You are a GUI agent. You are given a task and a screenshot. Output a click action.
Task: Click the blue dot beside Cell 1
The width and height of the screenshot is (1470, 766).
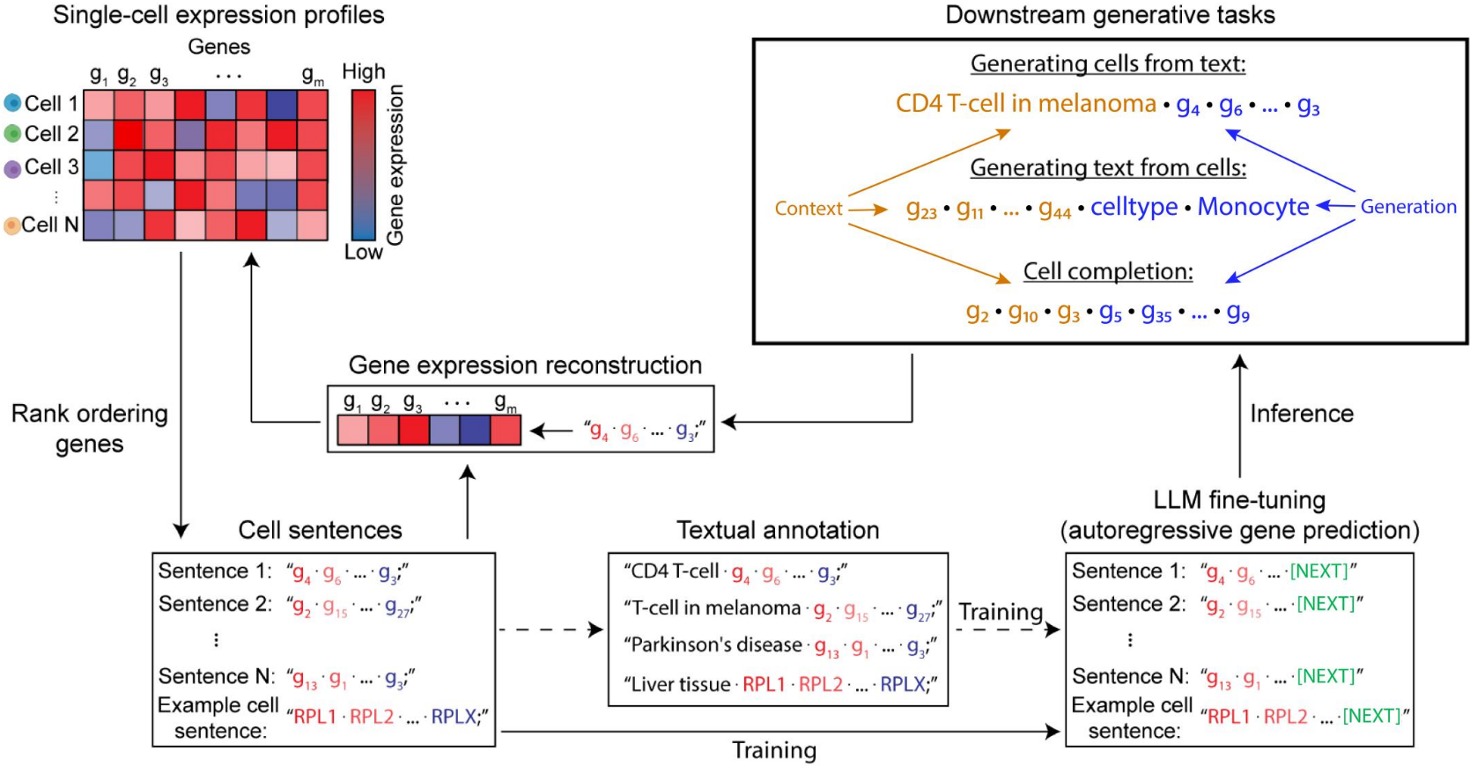(12, 103)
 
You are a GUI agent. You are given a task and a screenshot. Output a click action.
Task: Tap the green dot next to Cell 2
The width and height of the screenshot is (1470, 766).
(12, 134)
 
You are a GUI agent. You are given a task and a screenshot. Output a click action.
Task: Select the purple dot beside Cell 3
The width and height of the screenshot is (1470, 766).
(12, 168)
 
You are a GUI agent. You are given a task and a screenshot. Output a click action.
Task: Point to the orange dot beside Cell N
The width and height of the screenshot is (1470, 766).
(12, 225)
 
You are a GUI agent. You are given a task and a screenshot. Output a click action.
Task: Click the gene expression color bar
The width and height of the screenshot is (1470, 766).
(364, 165)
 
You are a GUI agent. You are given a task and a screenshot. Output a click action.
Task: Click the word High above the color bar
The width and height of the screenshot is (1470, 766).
(364, 72)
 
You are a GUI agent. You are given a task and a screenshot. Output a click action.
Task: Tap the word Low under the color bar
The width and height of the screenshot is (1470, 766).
(364, 253)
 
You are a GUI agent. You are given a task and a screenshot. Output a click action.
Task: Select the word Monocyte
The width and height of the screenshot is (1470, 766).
(1252, 207)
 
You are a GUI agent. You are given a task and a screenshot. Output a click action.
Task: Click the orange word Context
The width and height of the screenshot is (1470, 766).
(809, 209)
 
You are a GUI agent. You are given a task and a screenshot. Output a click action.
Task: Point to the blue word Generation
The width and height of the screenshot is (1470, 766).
(1407, 207)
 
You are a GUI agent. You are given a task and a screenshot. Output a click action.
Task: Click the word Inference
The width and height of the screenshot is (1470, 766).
(1301, 414)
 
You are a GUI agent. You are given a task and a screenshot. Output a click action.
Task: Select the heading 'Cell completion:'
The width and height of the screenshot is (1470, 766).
(1107, 271)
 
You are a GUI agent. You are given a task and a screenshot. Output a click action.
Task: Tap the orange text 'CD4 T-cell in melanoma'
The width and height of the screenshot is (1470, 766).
(1025, 104)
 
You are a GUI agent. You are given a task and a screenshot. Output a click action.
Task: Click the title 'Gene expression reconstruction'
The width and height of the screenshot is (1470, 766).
(525, 365)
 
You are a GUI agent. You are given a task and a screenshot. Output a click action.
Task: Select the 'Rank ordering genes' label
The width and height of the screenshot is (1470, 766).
(89, 428)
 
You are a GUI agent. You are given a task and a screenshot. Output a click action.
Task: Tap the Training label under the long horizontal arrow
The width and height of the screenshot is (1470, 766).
(774, 750)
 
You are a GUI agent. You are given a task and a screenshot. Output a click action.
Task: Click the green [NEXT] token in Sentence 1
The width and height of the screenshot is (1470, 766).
(1319, 571)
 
